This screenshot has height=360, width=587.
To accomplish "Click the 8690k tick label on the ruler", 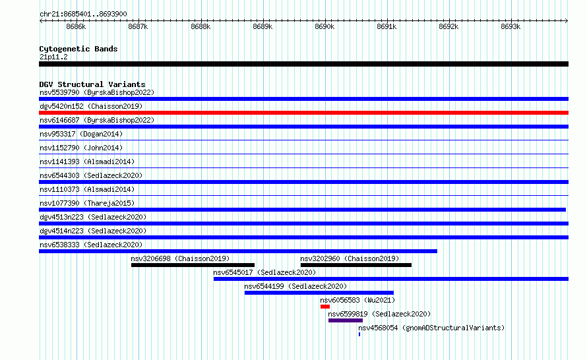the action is [324, 26].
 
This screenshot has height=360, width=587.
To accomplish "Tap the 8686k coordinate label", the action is [76, 26].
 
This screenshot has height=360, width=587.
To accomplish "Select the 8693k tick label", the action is [510, 26].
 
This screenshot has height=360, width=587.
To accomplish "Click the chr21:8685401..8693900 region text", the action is [83, 15].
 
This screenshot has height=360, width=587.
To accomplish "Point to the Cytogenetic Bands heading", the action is [78, 49].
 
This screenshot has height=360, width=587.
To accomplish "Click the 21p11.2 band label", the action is [53, 57].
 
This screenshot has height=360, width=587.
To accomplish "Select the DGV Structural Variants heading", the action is [92, 84].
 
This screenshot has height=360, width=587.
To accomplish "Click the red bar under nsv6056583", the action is [325, 307].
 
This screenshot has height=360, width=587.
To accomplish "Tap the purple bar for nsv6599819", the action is [346, 320].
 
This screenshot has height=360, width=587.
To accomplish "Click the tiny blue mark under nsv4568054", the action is [359, 334].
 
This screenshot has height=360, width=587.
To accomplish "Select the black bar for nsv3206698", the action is [193, 265].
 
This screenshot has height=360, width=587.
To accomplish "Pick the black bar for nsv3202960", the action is [356, 265].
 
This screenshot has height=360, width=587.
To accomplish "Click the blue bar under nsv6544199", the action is [319, 293].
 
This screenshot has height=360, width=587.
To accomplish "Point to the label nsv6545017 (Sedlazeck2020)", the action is [264, 272].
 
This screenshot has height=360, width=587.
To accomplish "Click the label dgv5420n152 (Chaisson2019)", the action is [91, 106].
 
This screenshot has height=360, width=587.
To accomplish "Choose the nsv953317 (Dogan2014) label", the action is [81, 134].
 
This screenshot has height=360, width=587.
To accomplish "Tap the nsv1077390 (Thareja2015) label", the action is [87, 203].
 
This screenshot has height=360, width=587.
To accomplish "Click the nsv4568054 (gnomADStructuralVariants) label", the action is [431, 328].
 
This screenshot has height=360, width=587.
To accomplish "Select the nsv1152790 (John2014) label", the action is [81, 148].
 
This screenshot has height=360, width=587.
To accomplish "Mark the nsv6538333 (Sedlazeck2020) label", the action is [91, 245].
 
